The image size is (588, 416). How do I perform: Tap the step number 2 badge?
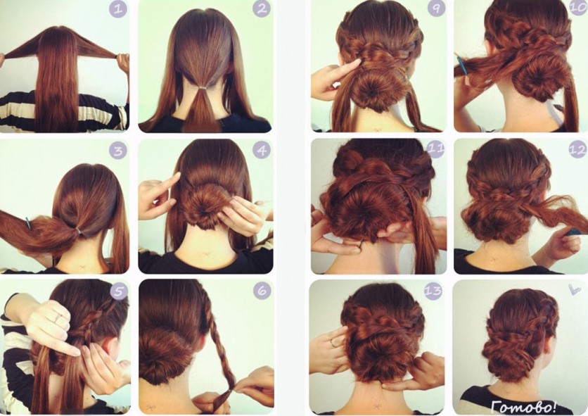[262, 8]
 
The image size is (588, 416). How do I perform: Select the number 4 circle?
[262, 150]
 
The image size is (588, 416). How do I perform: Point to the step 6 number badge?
[262, 290]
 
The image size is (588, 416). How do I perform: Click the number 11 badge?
[435, 149]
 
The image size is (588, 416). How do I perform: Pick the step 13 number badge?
[433, 290]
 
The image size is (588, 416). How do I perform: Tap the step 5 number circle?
[119, 291]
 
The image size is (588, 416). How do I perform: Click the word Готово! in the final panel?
[524, 406]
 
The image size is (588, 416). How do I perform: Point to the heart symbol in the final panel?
[574, 289]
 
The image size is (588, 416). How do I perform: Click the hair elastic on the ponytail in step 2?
[203, 87]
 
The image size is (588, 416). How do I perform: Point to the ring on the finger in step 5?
[58, 319]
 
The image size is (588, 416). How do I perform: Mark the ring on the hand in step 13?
[333, 343]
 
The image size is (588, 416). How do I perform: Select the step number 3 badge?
[118, 151]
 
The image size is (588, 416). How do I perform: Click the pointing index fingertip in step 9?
[360, 61]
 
